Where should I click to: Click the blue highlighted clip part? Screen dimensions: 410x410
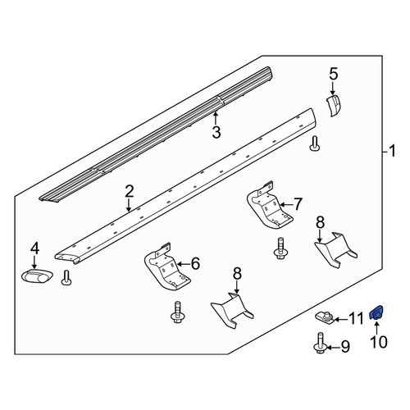(x=376, y=312)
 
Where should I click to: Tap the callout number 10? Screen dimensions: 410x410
(x=379, y=342)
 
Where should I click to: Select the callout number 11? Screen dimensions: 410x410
(x=356, y=319)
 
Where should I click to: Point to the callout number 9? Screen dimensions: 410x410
(x=345, y=347)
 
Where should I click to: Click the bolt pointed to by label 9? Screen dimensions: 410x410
(x=320, y=343)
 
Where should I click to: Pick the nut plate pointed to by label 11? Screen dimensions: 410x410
(x=324, y=317)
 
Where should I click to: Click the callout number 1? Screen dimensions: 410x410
(x=392, y=151)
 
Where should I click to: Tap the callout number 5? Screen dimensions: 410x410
(x=334, y=74)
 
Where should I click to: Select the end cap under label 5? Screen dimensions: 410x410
(x=335, y=105)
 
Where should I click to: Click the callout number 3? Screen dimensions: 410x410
(x=216, y=132)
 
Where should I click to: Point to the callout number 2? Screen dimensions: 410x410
(x=130, y=192)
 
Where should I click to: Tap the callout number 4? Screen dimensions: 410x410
(x=34, y=249)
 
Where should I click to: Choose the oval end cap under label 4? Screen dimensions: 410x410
(x=37, y=276)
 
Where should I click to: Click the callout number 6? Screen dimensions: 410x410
(x=195, y=264)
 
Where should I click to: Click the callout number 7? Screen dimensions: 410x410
(x=298, y=204)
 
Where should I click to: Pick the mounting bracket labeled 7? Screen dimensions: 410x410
(x=270, y=205)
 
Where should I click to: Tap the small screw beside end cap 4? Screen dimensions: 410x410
(x=66, y=277)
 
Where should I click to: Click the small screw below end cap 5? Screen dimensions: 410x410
(x=315, y=143)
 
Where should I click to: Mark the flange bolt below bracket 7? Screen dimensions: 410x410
(x=280, y=248)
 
